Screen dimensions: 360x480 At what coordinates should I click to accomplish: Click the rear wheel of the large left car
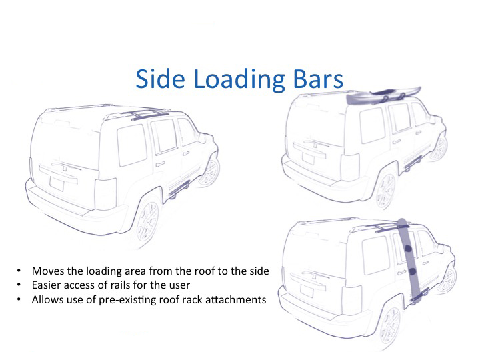click(x=148, y=221)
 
